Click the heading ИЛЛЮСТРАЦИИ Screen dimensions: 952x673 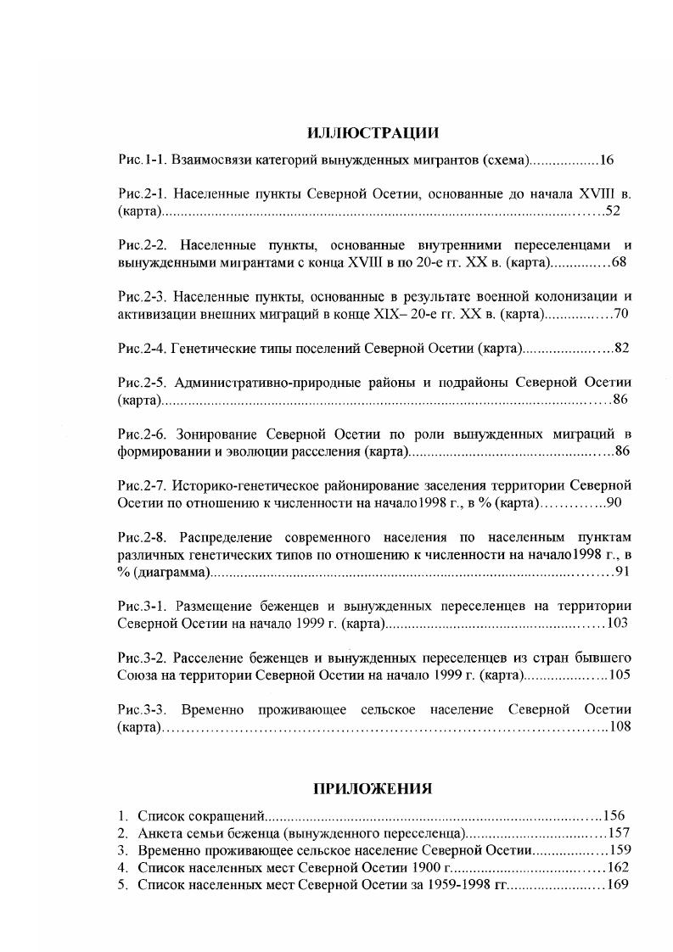373,133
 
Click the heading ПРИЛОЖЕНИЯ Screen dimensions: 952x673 373,788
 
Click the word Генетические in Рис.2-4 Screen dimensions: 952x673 211,348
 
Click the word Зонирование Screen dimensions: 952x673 213,434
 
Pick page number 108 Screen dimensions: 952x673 620,726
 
